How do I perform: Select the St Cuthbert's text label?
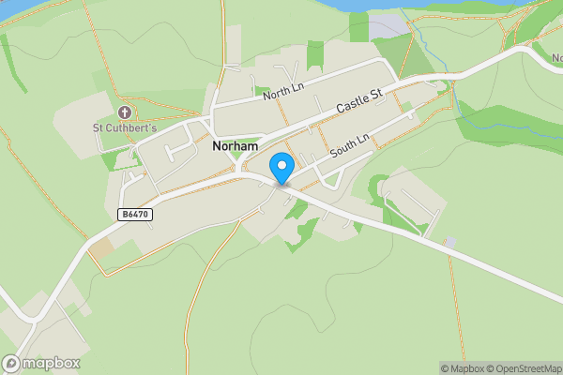pyautogui.click(x=123, y=127)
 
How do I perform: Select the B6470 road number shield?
pyautogui.click(x=135, y=215)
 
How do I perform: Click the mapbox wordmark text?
pyautogui.click(x=52, y=364)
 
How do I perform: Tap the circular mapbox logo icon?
pyautogui.click(x=11, y=364)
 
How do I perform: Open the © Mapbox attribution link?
pyautogui.click(x=464, y=368)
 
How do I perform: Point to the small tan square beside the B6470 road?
pyautogui.click(x=99, y=249)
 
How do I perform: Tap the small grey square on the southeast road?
pyautogui.click(x=450, y=243)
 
